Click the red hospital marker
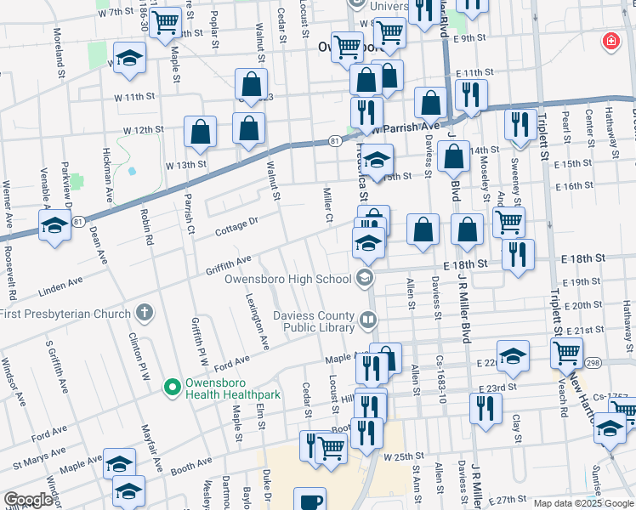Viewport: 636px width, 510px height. click(610, 41)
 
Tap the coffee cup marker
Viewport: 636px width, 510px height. click(309, 500)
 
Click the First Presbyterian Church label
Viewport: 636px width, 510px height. click(67, 311)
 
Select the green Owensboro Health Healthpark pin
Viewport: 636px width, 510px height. click(173, 387)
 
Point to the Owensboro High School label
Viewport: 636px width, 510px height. click(287, 278)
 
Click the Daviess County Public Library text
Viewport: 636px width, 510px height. click(314, 321)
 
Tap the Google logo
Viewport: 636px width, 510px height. click(29, 500)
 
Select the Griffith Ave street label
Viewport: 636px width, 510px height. click(228, 264)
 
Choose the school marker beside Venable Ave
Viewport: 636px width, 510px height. click(54, 226)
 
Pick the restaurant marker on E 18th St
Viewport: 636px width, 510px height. click(517, 254)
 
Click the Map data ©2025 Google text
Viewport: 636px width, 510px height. click(582, 503)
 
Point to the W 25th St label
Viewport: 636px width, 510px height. click(402, 456)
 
